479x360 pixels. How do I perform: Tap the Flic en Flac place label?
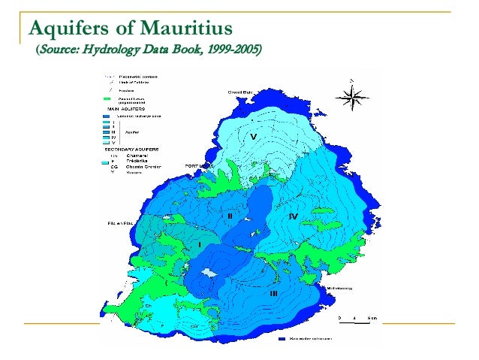tap(113, 223)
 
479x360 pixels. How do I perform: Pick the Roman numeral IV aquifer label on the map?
tap(293, 216)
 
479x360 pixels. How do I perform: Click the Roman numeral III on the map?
tap(274, 293)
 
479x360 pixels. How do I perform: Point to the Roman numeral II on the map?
tap(230, 216)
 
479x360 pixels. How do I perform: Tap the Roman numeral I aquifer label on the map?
tap(199, 244)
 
